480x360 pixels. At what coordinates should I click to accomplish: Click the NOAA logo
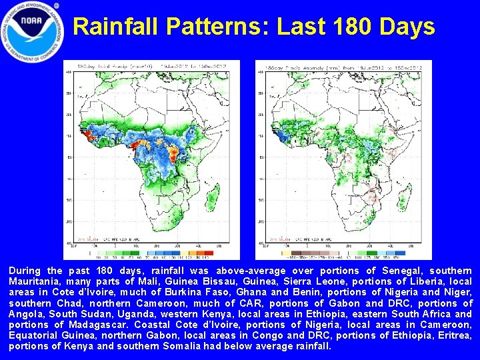(x=32, y=31)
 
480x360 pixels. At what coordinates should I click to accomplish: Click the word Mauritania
(x=34, y=281)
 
